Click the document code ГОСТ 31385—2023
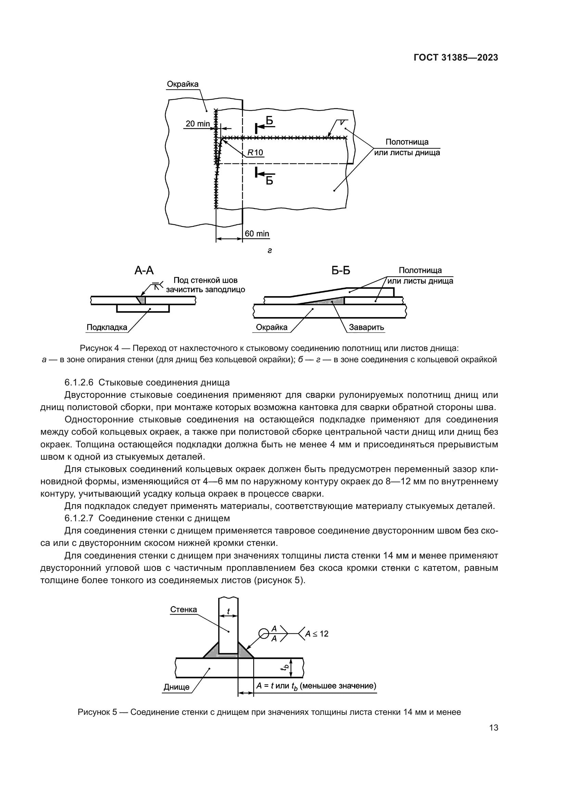click(x=455, y=58)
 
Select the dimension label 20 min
click(x=197, y=124)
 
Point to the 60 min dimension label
click(x=257, y=234)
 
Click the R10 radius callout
click(x=255, y=153)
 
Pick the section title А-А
click(x=144, y=271)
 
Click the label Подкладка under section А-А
click(x=107, y=327)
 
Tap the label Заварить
click(x=366, y=327)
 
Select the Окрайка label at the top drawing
click(x=183, y=84)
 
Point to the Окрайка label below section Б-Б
click(x=271, y=327)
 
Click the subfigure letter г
click(x=269, y=250)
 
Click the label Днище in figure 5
click(x=177, y=687)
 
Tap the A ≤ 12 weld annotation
click(x=317, y=633)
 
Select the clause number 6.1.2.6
click(x=79, y=383)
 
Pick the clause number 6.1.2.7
click(x=79, y=518)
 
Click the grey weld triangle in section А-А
click(x=141, y=300)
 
